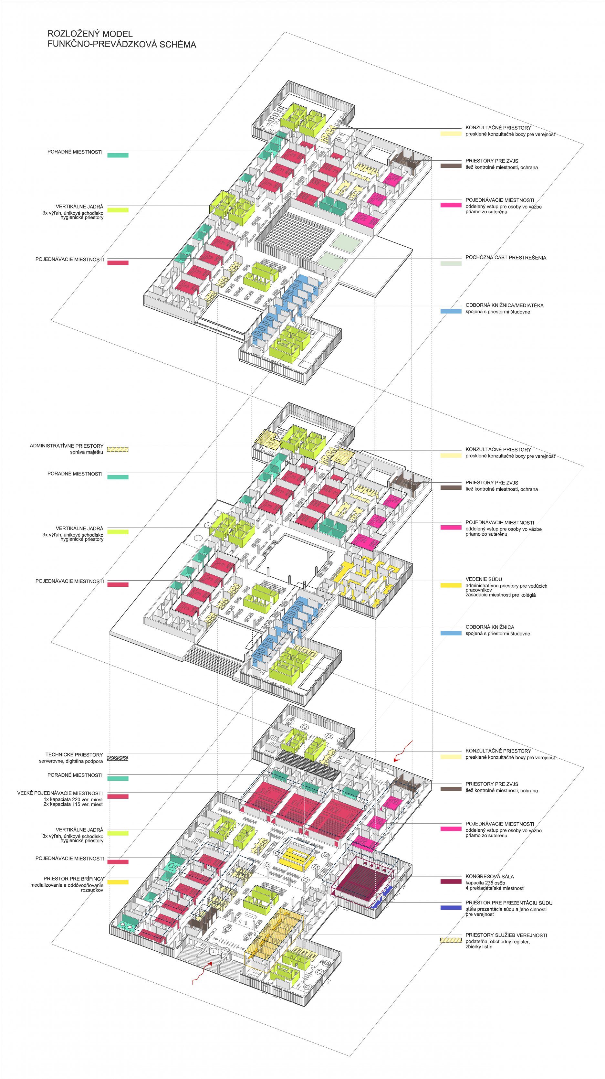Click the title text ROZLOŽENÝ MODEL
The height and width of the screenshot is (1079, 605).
[x=90, y=34]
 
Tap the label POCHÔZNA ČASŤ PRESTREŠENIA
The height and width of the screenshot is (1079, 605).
[x=506, y=258]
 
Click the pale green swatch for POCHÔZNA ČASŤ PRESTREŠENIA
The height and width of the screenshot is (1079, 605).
[x=451, y=263]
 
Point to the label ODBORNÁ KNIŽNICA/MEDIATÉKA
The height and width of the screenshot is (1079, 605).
[x=504, y=305]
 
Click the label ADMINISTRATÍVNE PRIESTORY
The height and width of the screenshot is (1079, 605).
[x=66, y=446]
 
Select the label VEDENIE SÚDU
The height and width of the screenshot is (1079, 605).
[x=484, y=579]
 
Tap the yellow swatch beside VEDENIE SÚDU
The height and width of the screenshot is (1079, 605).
[x=451, y=585]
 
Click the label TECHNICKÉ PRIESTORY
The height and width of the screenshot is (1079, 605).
[x=74, y=754]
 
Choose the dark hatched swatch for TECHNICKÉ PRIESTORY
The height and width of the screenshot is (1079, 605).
[x=118, y=758]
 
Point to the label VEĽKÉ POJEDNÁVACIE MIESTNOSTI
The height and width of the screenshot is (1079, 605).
[x=59, y=793]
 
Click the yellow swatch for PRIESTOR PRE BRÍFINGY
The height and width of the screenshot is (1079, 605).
[x=118, y=882]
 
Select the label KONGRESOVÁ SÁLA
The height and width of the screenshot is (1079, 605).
[x=489, y=876]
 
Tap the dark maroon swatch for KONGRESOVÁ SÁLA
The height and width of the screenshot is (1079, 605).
[x=451, y=882]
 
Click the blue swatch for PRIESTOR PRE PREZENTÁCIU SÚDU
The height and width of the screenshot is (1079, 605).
[x=451, y=908]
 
